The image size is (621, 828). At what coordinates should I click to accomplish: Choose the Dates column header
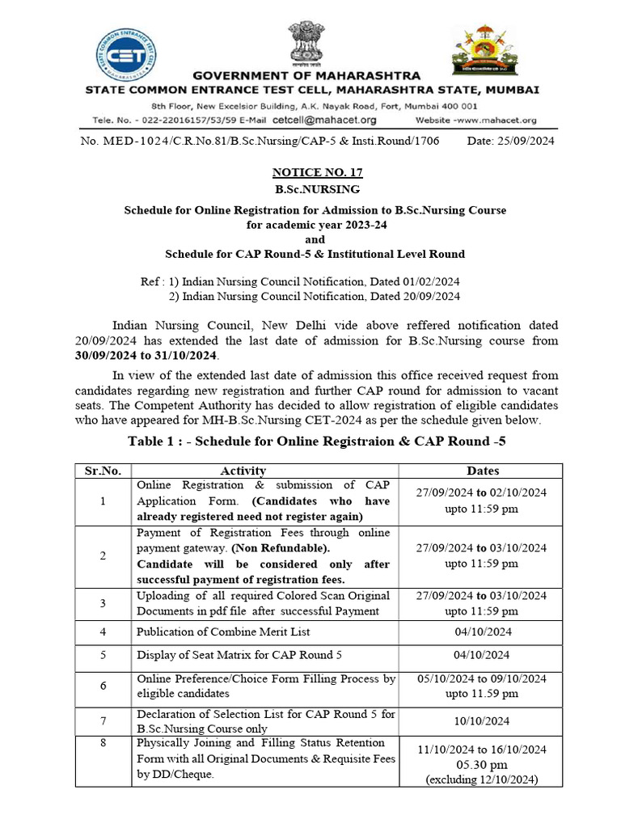click(482, 471)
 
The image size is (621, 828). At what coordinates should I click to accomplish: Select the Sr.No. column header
click(103, 471)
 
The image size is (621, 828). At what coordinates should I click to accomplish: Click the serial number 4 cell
click(103, 632)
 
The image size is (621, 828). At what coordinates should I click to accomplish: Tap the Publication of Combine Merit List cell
click(223, 632)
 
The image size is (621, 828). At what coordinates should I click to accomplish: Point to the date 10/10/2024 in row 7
click(482, 721)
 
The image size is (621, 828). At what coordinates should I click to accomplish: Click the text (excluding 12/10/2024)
click(482, 779)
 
